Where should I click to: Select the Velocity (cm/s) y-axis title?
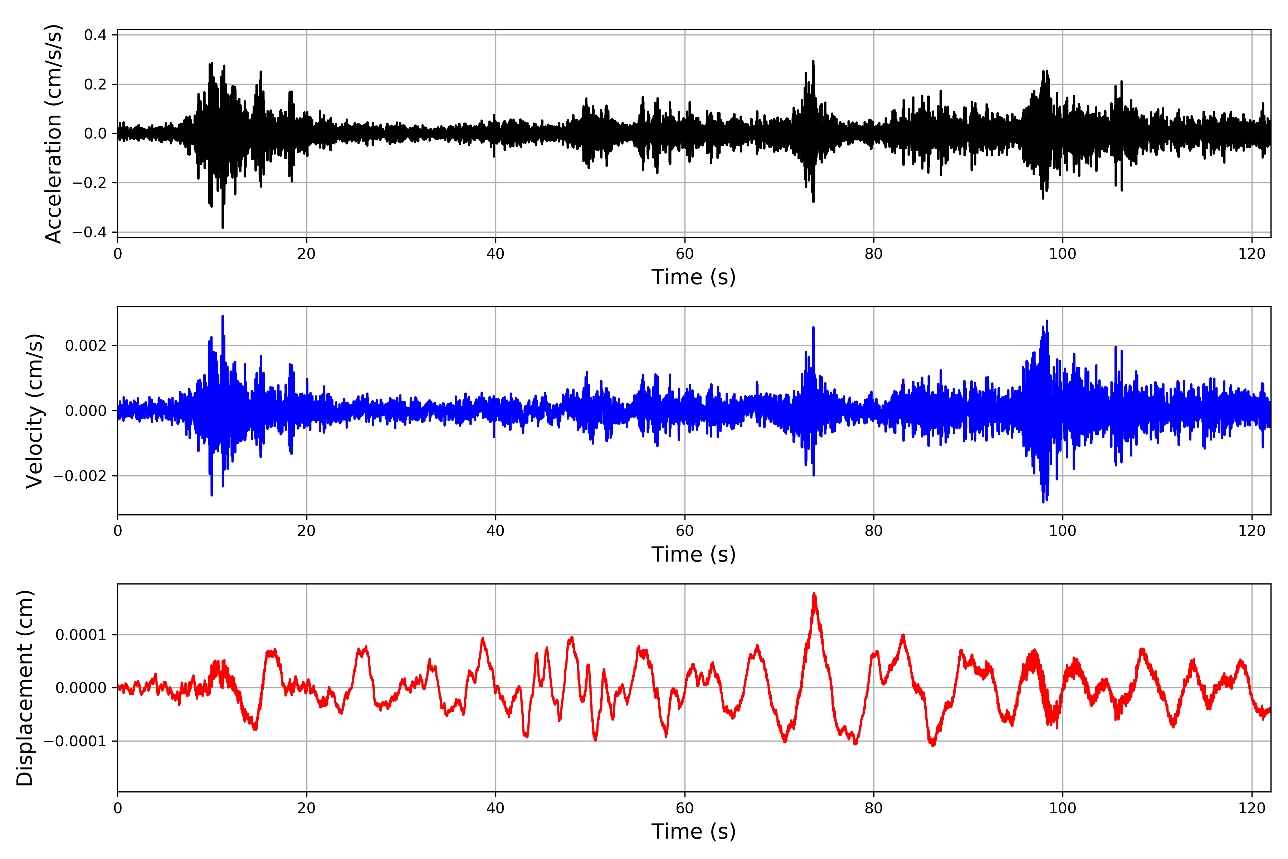click(x=34, y=411)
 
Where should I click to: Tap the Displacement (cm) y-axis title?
click(x=25, y=688)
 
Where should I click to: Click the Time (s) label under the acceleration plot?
click(x=693, y=277)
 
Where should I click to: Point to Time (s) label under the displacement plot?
click(x=693, y=831)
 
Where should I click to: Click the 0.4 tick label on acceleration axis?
click(x=95, y=35)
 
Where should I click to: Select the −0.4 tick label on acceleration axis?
click(x=89, y=232)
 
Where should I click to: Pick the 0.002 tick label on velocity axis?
click(x=86, y=346)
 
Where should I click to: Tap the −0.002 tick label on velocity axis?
click(x=79, y=476)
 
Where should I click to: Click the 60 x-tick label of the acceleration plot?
click(x=684, y=254)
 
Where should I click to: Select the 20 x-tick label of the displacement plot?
click(x=307, y=808)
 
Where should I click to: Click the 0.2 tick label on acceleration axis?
click(x=95, y=84)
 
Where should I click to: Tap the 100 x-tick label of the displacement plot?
click(x=1062, y=808)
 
